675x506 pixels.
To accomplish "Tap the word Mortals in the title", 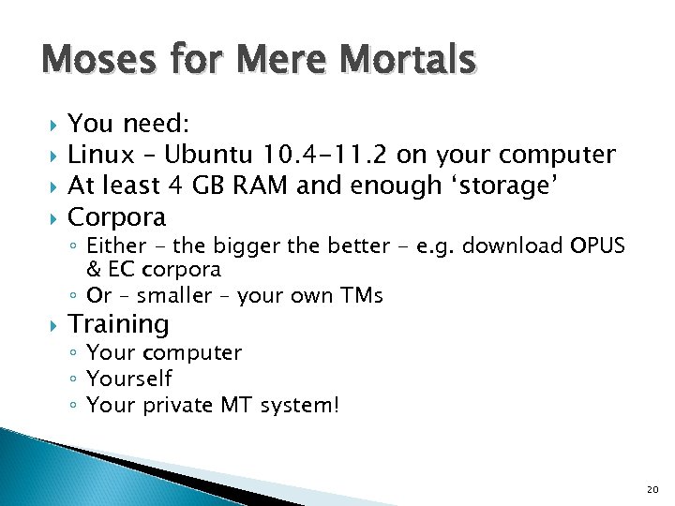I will coord(413,61).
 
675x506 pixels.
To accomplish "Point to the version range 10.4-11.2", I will coord(325,154).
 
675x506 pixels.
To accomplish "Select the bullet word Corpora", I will coord(117,217).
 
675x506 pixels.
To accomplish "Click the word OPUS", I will coord(597,246).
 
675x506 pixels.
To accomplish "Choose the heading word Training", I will coord(119,325).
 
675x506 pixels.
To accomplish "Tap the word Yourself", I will coord(129,379).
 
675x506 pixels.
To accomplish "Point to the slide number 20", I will coord(652,489).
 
